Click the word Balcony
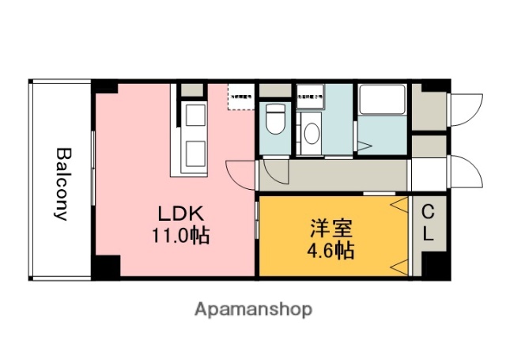pos(62,183)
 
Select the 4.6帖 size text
pos(330,252)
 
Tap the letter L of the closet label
pos(428,234)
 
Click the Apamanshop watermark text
pos(253,309)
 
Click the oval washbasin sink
pos(312,131)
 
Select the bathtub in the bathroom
pos(383,100)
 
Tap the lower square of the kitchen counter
pos(194,151)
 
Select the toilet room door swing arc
pos(273,169)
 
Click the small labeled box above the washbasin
pos(310,97)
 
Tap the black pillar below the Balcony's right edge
pos(104,267)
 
